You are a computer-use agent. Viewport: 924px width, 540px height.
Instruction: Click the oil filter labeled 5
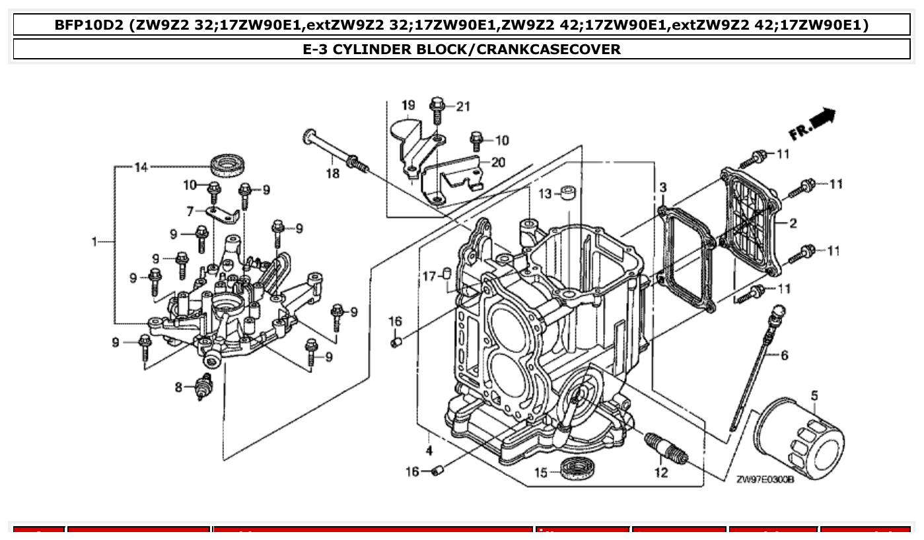[799, 436]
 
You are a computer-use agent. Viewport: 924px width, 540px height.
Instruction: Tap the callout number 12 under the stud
[661, 473]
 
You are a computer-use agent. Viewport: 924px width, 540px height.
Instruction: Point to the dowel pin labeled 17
[446, 273]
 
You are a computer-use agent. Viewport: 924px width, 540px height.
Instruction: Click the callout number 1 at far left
[95, 242]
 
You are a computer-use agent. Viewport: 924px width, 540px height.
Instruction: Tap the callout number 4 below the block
[429, 451]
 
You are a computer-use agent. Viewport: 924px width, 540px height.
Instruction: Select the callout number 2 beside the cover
[793, 223]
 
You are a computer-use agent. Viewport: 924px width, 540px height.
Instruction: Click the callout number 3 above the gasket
[662, 188]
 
